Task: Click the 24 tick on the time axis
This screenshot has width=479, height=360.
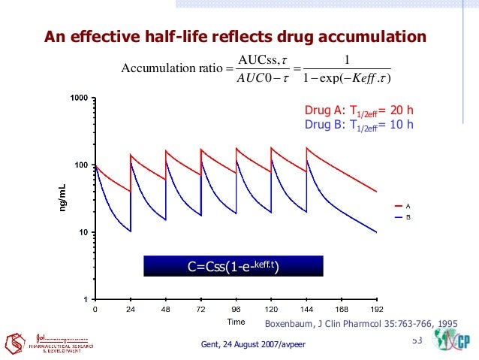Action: coord(131,309)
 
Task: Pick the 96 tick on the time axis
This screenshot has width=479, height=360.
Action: coord(236,309)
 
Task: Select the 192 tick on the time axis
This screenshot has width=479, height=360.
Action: coord(377,309)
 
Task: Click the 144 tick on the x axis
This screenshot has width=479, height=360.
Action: coord(306,309)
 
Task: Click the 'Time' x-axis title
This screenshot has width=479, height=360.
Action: coord(236,322)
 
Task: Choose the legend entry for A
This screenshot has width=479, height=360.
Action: coord(402,205)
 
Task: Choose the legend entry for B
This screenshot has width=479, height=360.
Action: coord(402,216)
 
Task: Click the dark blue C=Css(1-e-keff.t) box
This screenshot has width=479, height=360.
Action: coord(233,265)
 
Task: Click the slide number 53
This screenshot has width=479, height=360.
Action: coord(417,342)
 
